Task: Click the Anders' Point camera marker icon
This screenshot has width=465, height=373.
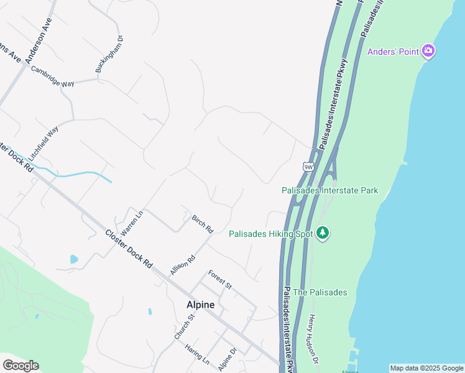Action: point(428,51)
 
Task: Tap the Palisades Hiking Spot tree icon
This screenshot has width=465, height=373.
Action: point(322,233)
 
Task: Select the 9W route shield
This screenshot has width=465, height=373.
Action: point(308,166)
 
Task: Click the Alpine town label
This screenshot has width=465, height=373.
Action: point(200,305)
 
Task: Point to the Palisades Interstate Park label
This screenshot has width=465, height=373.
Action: point(329,190)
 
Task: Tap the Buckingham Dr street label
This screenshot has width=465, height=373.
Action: point(111,55)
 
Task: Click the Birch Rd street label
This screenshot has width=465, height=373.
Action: point(203,224)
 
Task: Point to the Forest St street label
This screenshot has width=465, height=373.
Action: point(220,279)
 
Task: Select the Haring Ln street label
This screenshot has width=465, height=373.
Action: point(197,352)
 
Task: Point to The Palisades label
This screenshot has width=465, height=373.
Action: point(320,292)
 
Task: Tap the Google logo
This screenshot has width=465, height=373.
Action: point(21,366)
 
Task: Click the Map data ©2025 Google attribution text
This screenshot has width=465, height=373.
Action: point(426,368)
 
